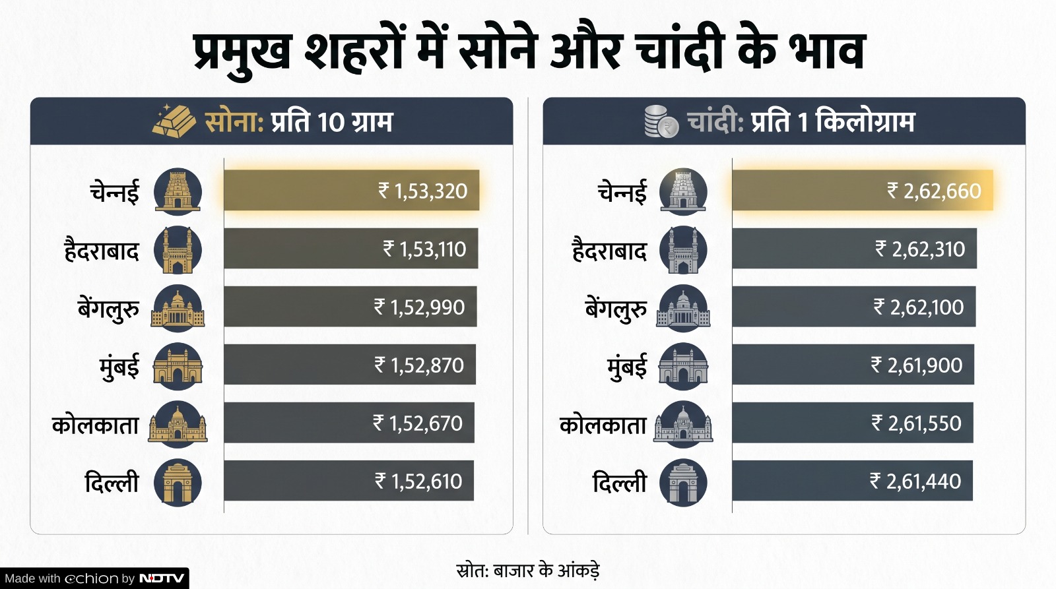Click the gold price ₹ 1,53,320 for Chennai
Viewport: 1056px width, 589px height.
422,191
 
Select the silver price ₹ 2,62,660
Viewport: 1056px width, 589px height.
934,191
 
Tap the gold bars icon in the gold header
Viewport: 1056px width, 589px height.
174,121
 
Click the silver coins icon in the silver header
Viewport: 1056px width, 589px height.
661,121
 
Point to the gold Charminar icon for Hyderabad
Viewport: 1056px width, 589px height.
178,250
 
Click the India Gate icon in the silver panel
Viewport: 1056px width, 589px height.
683,483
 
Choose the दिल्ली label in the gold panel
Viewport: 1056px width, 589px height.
112,483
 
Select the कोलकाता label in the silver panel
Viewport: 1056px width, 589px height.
603,425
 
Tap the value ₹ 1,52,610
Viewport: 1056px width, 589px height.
418,481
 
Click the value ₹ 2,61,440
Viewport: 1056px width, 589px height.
915,481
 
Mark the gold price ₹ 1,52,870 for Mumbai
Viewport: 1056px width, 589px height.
419,365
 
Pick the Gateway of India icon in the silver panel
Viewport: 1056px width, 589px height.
683,367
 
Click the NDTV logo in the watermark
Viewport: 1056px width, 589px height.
162,578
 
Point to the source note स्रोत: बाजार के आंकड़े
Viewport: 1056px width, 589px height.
528,571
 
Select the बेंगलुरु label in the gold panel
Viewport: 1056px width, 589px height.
108,309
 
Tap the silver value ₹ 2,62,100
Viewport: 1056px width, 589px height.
918,307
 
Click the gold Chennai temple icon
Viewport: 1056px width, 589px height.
178,192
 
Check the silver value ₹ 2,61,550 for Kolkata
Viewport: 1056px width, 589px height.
916,423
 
